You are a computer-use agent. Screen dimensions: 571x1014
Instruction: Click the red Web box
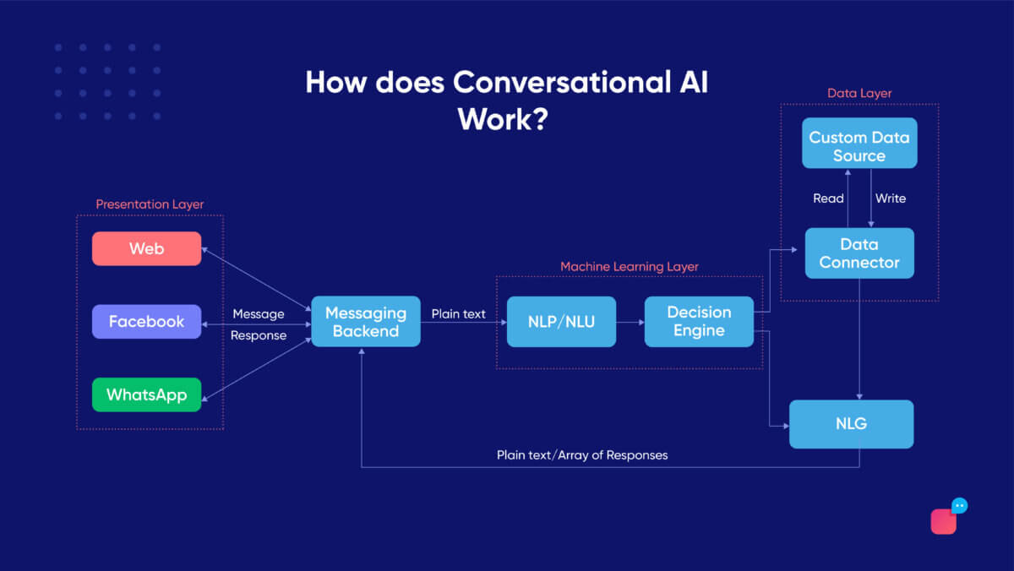coord(146,248)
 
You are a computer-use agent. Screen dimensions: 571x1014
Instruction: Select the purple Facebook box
coord(146,321)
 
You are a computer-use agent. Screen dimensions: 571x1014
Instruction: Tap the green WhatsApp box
coord(146,394)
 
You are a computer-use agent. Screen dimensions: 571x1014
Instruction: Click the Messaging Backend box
coord(365,321)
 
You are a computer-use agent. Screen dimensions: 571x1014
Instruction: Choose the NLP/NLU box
coord(561,321)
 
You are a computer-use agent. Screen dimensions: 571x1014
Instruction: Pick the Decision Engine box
coord(698,321)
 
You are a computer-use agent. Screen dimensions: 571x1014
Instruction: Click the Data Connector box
coord(859,253)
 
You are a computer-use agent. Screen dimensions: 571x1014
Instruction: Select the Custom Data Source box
coord(859,146)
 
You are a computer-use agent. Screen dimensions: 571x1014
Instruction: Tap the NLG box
coord(851,424)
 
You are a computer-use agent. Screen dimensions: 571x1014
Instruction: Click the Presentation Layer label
coord(150,204)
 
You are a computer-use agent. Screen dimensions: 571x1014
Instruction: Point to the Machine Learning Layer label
coord(629,267)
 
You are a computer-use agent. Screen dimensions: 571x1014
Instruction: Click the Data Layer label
coord(859,93)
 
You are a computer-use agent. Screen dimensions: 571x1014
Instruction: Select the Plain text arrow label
coord(458,314)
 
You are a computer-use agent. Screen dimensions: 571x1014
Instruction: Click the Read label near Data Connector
coord(828,198)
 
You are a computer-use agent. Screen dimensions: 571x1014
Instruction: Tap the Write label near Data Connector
coord(891,198)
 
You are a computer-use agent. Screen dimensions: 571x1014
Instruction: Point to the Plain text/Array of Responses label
coord(581,455)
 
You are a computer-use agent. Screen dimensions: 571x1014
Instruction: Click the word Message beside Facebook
coord(258,314)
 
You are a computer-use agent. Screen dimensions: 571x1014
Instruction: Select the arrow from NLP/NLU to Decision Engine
coord(630,322)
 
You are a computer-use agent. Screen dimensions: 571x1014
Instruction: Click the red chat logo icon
coord(945,520)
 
